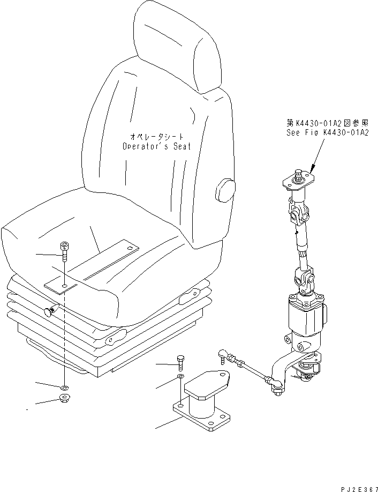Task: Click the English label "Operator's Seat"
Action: (156, 146)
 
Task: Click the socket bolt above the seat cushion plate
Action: (64, 250)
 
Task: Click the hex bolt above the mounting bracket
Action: (181, 362)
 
